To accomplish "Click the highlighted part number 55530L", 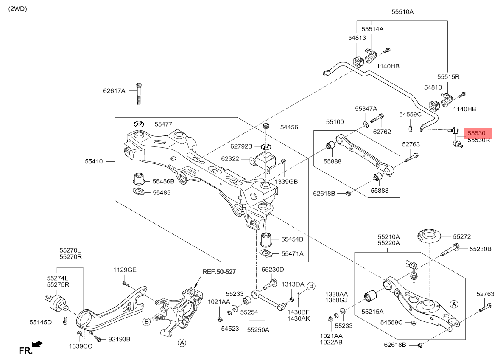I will point(478,133).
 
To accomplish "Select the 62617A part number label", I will point(114,90).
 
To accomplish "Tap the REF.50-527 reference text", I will point(219,271).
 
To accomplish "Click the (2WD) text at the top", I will point(17,8).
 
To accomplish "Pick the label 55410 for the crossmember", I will point(94,161).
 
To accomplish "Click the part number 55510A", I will point(402,12).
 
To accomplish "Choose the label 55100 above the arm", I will point(335,122).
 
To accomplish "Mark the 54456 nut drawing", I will point(266,126).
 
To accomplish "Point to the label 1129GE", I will point(125,270).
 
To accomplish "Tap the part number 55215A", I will point(372,311).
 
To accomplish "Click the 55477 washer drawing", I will point(139,124).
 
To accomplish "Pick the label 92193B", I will point(119,339).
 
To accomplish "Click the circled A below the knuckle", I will point(182,343).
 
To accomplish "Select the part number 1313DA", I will point(293,284).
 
